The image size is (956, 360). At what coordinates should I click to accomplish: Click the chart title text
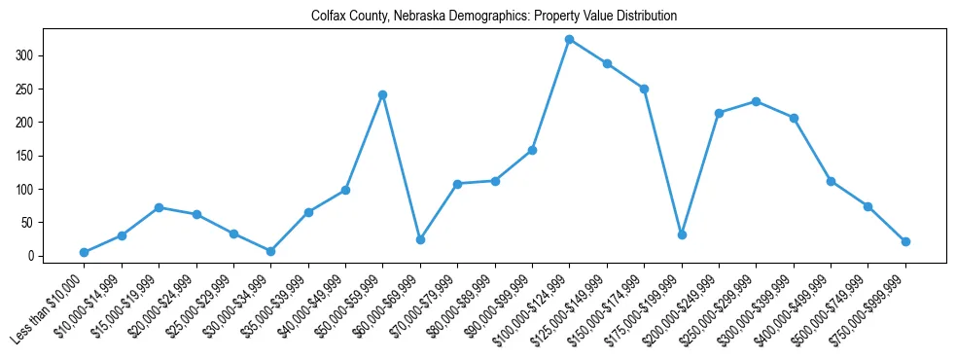494,17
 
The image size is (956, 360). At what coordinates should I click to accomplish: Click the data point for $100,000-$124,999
569,39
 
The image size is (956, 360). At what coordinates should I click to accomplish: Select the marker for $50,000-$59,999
382,94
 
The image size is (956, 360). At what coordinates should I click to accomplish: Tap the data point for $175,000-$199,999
682,234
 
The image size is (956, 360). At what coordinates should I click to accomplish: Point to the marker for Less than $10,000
84,252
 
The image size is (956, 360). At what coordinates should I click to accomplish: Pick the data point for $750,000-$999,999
905,241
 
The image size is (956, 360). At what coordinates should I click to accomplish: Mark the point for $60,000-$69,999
420,239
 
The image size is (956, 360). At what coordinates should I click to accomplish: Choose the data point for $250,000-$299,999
757,101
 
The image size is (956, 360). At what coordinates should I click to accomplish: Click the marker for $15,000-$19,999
159,207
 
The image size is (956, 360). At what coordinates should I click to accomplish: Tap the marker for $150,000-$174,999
644,89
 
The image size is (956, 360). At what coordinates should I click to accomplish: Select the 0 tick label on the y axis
35,256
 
